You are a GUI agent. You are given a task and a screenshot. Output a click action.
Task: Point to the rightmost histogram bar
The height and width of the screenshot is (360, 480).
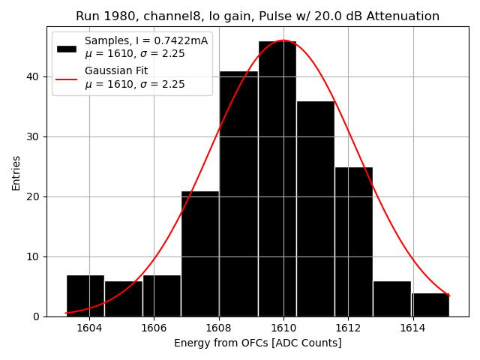[x=430, y=304]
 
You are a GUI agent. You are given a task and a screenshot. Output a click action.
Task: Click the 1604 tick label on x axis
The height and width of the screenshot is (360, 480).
[x=89, y=328]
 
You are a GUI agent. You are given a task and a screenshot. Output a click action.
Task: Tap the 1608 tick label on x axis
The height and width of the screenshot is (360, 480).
[x=219, y=328]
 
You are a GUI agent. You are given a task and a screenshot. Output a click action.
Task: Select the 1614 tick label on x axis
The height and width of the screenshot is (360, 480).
[x=412, y=328]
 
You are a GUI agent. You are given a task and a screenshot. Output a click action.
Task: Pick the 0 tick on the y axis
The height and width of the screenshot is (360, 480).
[x=37, y=316]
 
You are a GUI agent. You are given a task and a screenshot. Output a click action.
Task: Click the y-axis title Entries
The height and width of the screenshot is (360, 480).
[x=16, y=172]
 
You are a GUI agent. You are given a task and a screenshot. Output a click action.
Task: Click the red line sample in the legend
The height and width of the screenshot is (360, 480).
[x=66, y=77]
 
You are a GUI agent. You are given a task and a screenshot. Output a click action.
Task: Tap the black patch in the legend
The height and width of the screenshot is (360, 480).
[x=66, y=48]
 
